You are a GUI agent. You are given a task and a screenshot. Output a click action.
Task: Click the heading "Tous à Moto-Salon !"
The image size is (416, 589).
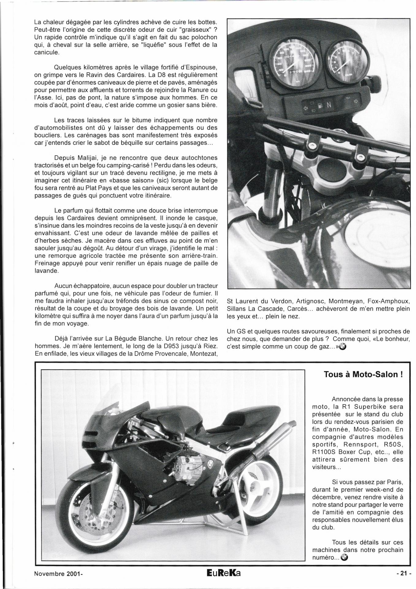(x=363, y=375)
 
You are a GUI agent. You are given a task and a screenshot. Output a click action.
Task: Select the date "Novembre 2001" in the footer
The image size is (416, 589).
(x=57, y=573)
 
